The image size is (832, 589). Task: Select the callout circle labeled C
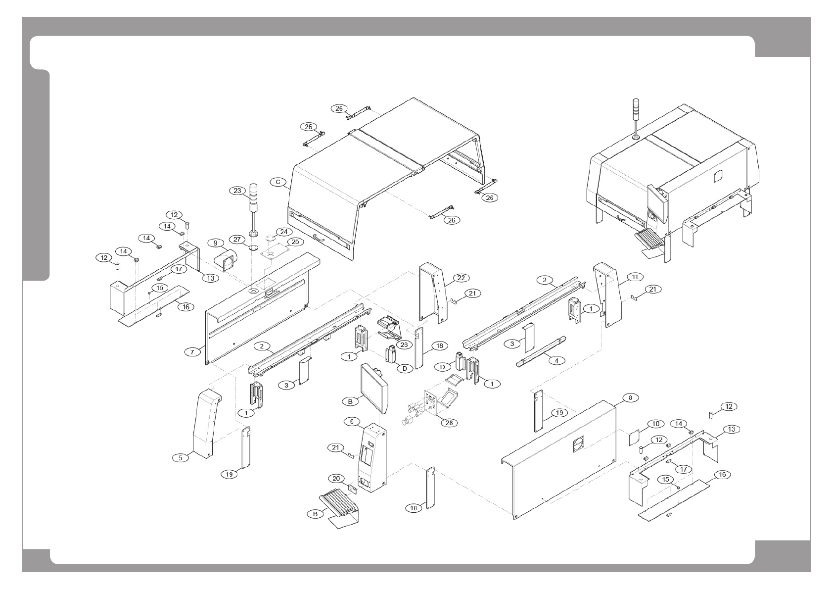pyautogui.click(x=278, y=182)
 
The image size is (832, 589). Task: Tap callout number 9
pyautogui.click(x=215, y=243)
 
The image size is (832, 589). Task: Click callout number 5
pyautogui.click(x=180, y=458)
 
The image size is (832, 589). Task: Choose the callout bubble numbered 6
pyautogui.click(x=352, y=421)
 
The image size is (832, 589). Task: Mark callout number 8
pyautogui.click(x=630, y=397)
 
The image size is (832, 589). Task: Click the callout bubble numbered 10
pyautogui.click(x=655, y=424)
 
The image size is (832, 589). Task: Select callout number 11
pyautogui.click(x=635, y=276)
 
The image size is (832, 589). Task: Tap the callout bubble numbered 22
pyautogui.click(x=461, y=278)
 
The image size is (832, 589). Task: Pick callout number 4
pyautogui.click(x=556, y=360)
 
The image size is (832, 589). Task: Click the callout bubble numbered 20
pyautogui.click(x=336, y=478)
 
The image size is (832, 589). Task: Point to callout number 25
pyautogui.click(x=295, y=242)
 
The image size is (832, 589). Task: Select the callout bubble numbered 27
pyautogui.click(x=238, y=240)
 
